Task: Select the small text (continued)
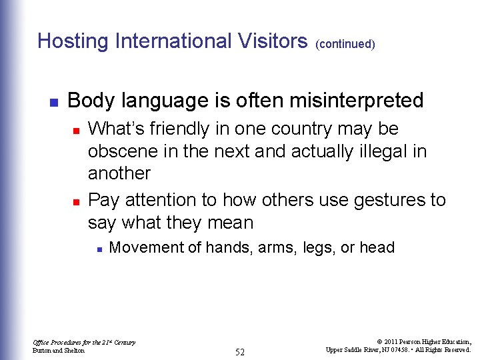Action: coord(345,44)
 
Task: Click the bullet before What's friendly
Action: coord(76,129)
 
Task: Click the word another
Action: coord(119,173)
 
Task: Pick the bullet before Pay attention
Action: coord(76,201)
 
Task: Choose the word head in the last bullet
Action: coord(377,248)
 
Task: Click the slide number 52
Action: coord(240,352)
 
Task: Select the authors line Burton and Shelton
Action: coord(59,351)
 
